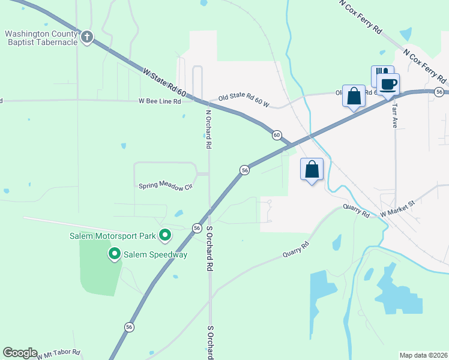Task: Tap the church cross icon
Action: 87,37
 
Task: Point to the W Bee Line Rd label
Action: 160,101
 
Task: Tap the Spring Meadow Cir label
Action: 165,187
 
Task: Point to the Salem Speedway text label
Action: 155,255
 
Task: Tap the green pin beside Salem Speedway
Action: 114,254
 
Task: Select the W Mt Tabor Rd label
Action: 58,355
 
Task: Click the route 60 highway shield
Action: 276,135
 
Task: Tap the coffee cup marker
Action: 388,84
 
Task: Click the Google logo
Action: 20,353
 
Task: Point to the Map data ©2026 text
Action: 423,355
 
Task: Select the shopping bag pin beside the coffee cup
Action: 354,95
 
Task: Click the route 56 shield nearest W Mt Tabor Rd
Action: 129,327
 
